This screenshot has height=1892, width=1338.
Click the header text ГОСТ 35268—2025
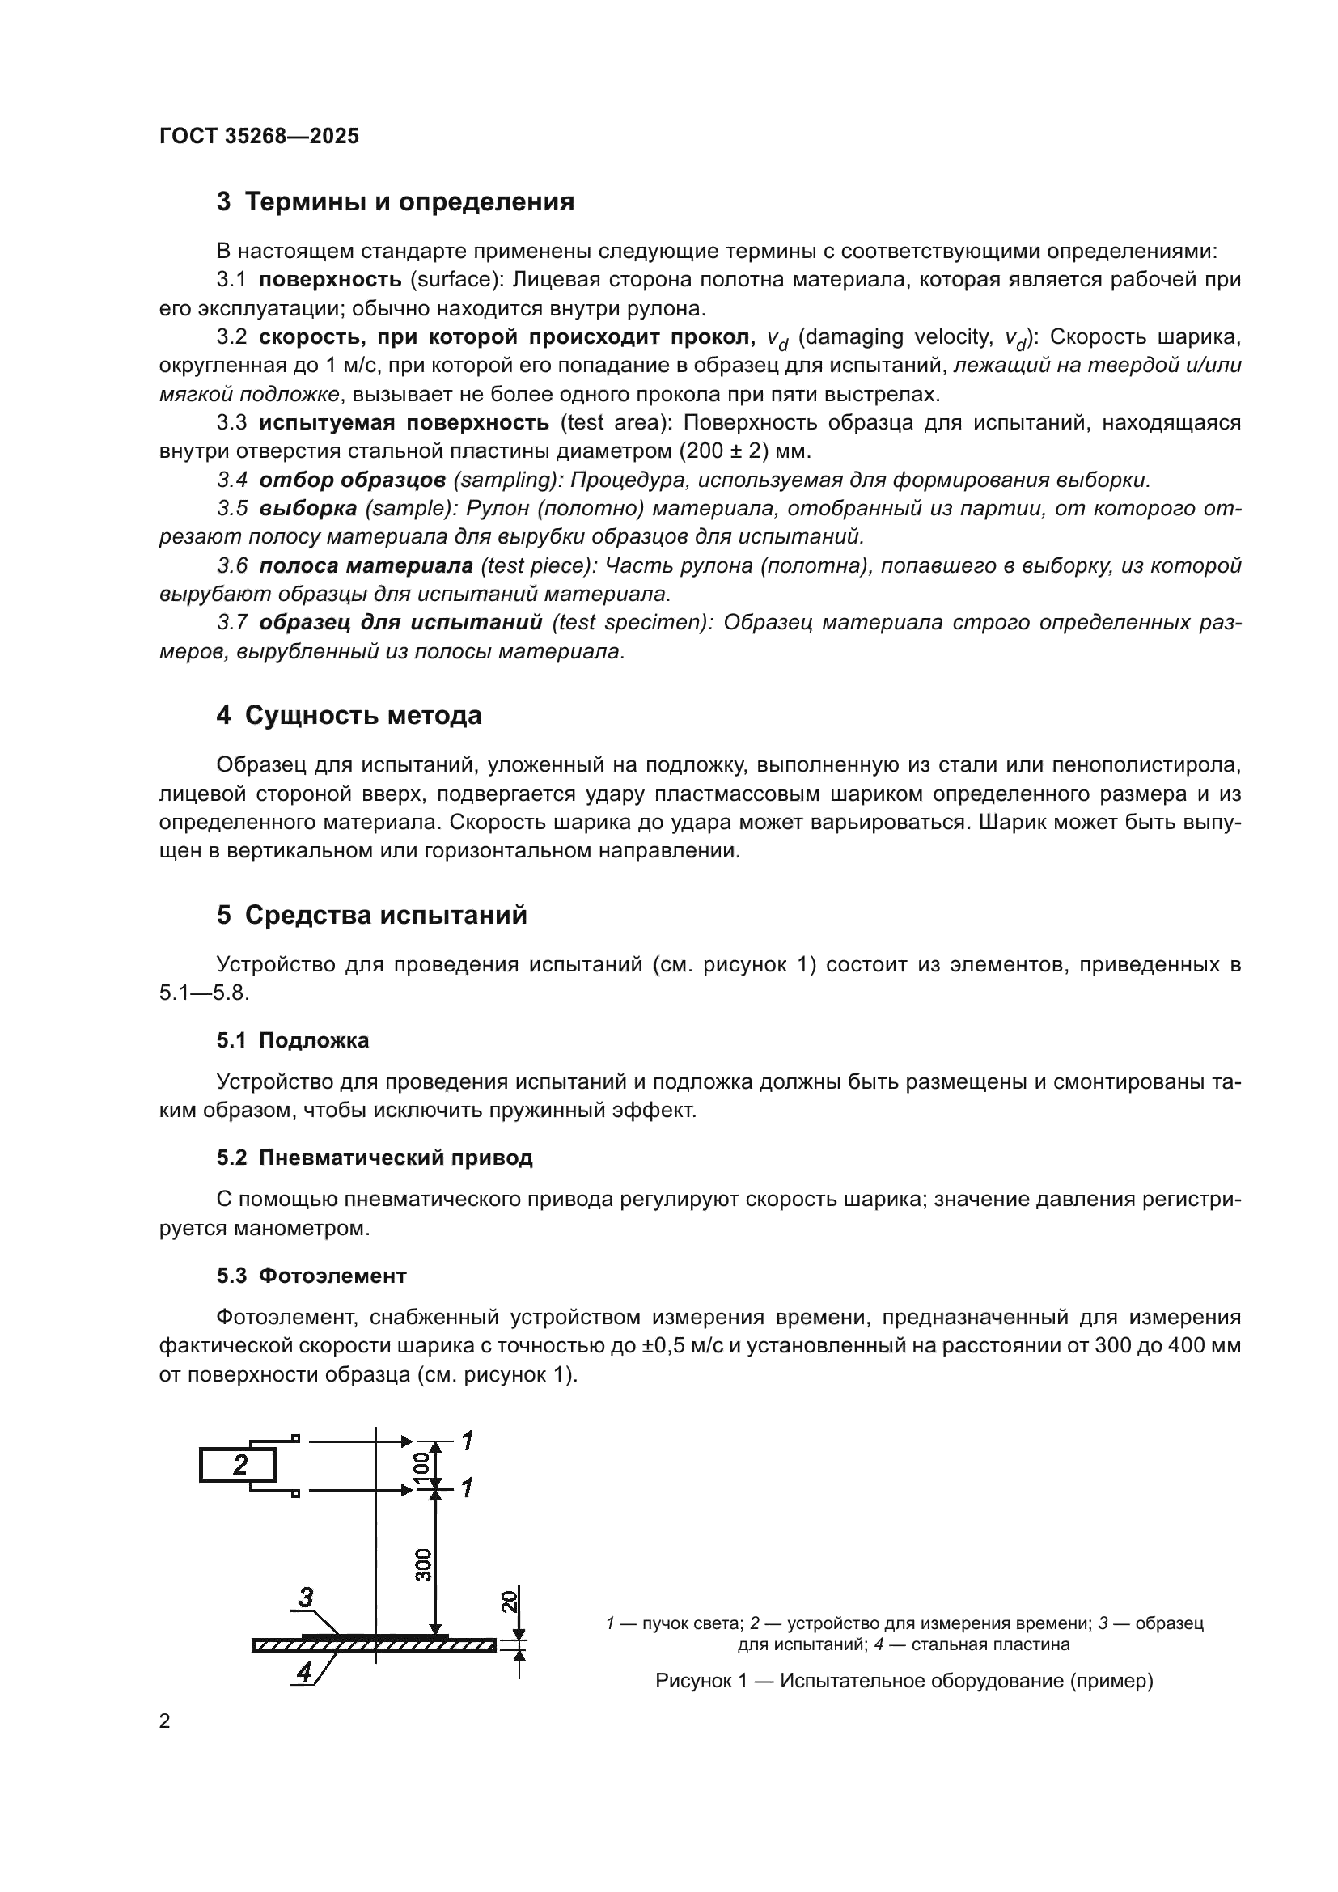260,136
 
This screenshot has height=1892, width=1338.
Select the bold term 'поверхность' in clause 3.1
329,280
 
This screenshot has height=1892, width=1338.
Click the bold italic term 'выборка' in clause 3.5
308,509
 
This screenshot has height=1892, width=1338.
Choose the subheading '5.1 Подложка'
293,1040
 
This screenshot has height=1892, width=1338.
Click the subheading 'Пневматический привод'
396,1158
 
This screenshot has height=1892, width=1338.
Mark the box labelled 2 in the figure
238,1465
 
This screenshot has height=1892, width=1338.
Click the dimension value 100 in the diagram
421,1465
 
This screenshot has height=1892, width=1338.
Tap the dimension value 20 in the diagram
510,1601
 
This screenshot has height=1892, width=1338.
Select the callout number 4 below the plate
305,1672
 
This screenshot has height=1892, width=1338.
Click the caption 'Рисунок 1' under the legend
701,1681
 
